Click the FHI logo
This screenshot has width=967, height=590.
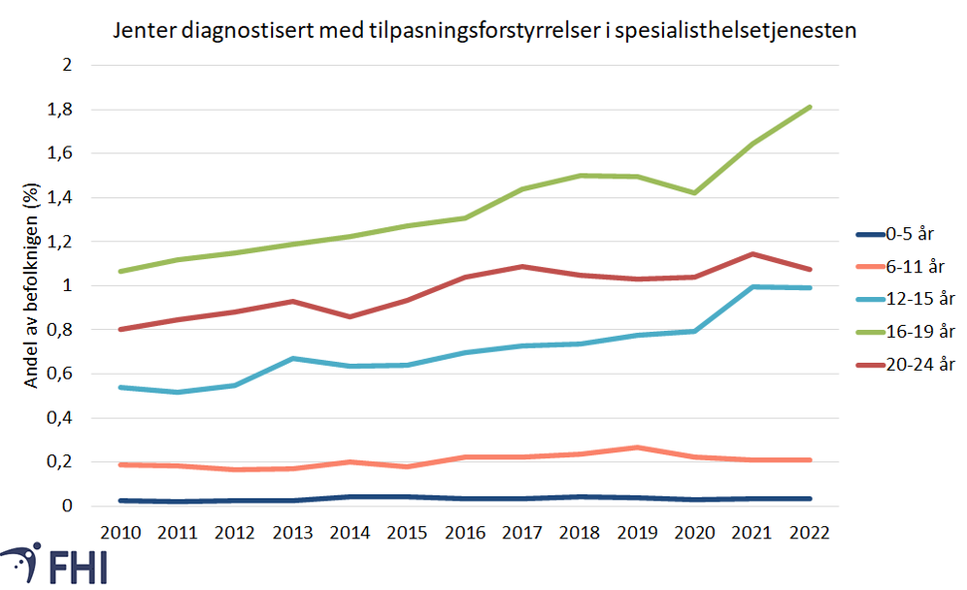tap(55, 563)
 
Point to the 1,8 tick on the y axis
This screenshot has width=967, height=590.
tap(61, 110)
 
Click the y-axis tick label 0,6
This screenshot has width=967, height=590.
tap(61, 374)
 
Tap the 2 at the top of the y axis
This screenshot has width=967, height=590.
tap(68, 66)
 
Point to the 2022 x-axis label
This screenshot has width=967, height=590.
tap(808, 532)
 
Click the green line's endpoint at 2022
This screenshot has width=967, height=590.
tap(808, 107)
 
